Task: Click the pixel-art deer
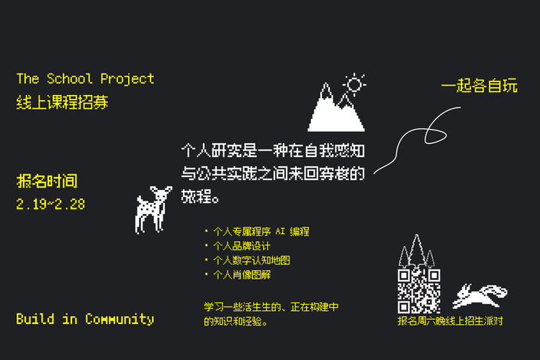pos(152,209)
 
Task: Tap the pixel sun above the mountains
pos(354,84)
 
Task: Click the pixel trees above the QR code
pos(417,251)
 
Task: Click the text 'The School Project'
pos(85,78)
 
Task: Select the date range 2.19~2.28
pos(50,204)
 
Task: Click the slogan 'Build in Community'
pos(85,318)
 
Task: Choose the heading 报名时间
pos(46,181)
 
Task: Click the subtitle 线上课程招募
pos(62,102)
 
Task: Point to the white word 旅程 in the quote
pos(195,195)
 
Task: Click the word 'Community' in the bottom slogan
pos(120,318)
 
